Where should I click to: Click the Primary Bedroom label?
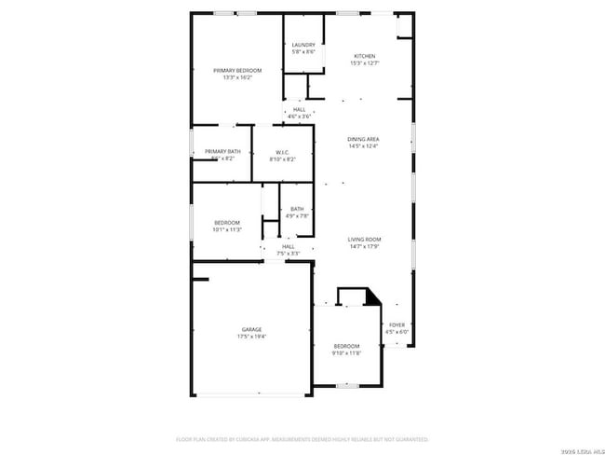[237, 71]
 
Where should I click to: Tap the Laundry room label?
[303, 45]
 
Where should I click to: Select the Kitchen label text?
[364, 56]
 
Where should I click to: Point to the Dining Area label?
[364, 139]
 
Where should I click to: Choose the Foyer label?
[397, 324]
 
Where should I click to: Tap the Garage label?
[251, 329]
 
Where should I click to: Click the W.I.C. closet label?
[283, 152]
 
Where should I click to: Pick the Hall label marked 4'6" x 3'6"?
[300, 109]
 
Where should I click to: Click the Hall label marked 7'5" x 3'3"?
[289, 246]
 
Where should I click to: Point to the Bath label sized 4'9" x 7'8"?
[297, 209]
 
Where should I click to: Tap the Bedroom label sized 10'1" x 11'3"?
[227, 222]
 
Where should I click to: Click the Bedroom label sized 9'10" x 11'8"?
[346, 346]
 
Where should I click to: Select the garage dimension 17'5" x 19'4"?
[251, 337]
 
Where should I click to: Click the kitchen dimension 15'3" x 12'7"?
[364, 63]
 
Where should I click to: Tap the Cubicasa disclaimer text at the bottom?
[302, 438]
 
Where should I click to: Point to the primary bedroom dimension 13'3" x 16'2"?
[237, 78]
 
